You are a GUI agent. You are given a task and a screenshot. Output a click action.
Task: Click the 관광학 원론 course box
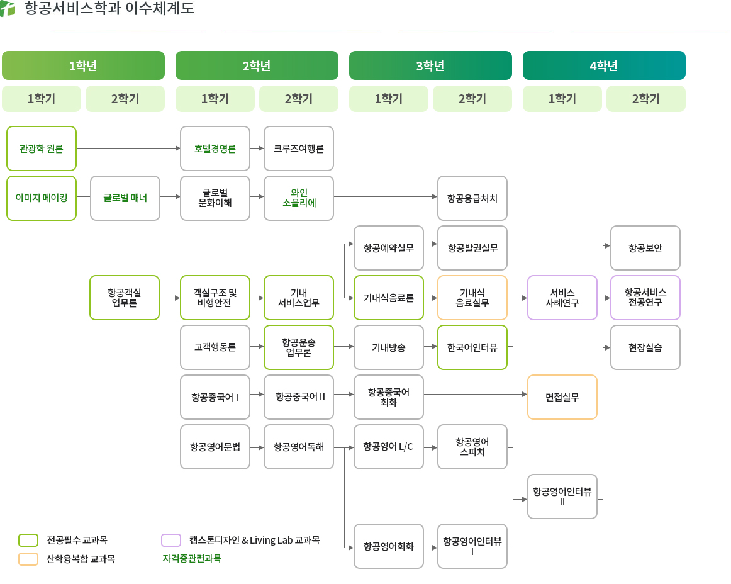pyautogui.click(x=42, y=149)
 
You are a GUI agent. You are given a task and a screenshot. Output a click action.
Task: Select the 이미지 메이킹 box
pyautogui.click(x=42, y=198)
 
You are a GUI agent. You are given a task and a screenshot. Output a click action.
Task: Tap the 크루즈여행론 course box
pyautogui.click(x=299, y=149)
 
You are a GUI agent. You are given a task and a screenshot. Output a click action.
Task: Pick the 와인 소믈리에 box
pyautogui.click(x=299, y=198)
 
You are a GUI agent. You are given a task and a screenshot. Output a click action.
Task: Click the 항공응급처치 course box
pyautogui.click(x=472, y=198)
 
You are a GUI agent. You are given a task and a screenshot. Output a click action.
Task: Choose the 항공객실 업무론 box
pyautogui.click(x=125, y=298)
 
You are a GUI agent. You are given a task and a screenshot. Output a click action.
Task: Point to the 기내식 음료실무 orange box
pyautogui.click(x=472, y=298)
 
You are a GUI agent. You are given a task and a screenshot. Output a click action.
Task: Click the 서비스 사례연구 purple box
pyautogui.click(x=562, y=298)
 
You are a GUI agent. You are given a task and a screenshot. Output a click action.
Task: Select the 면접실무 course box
pyautogui.click(x=562, y=397)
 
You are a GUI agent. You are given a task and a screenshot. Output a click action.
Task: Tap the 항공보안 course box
pyautogui.click(x=645, y=248)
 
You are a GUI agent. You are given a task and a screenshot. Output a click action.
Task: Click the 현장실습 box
pyautogui.click(x=645, y=347)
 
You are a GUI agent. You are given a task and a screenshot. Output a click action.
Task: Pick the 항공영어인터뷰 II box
pyautogui.click(x=562, y=497)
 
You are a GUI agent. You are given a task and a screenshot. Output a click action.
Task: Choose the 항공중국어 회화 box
pyautogui.click(x=389, y=397)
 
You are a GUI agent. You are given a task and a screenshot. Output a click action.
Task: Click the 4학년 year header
pyautogui.click(x=604, y=65)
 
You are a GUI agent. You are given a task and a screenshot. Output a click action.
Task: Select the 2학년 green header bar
pyautogui.click(x=257, y=65)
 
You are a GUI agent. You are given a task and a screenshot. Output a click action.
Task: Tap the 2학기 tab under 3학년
pyautogui.click(x=472, y=99)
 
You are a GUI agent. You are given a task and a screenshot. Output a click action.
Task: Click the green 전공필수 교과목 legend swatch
pyautogui.click(x=28, y=540)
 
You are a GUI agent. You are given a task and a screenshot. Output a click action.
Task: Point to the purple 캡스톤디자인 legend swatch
pyautogui.click(x=171, y=540)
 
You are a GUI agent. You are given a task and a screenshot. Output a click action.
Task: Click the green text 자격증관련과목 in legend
pyautogui.click(x=192, y=558)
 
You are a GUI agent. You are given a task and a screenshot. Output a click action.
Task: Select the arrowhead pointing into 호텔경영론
pyautogui.click(x=177, y=149)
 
